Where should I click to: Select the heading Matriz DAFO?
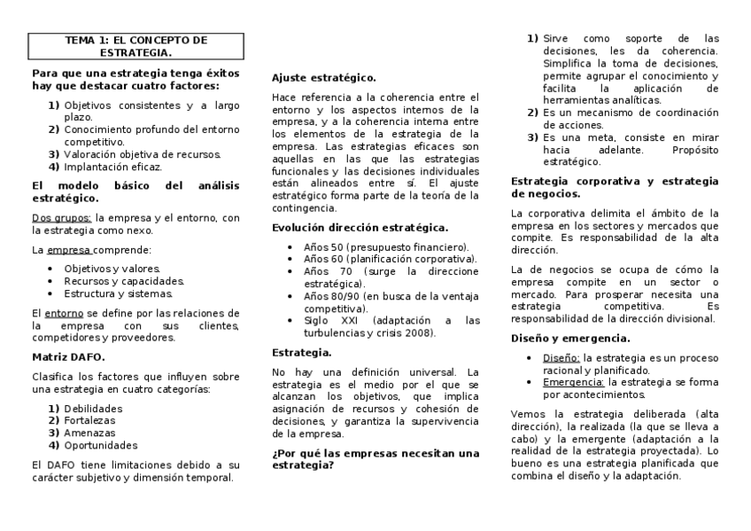click(x=68, y=356)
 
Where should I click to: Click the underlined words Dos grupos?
click(x=61, y=217)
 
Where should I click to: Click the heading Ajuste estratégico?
click(x=323, y=78)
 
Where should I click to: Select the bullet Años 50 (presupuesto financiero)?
click(x=386, y=246)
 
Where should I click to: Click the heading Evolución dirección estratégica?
click(x=360, y=228)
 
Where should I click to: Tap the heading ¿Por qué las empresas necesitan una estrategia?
click(x=375, y=458)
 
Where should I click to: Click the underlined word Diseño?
click(x=561, y=358)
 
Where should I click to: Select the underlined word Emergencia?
click(x=574, y=382)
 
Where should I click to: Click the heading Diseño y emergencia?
click(x=571, y=339)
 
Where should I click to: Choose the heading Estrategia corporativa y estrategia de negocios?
click(x=615, y=187)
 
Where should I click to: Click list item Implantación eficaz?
click(x=112, y=167)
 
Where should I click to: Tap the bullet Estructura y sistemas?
click(x=119, y=293)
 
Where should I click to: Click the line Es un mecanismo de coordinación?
click(x=630, y=113)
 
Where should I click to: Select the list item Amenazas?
click(x=89, y=433)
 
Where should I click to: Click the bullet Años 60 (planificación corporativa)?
click(x=390, y=259)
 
